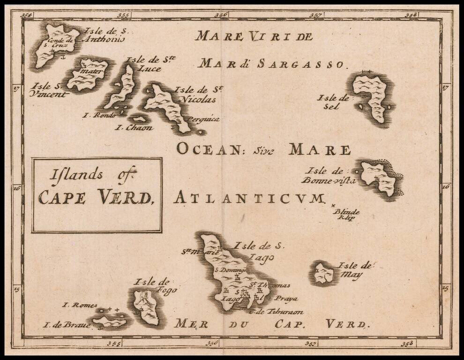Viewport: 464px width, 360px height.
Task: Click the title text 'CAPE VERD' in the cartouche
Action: click(x=96, y=197)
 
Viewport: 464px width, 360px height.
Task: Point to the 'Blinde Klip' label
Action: click(x=346, y=214)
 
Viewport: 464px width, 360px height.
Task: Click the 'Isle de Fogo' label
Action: click(x=151, y=286)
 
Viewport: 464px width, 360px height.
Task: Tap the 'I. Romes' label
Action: click(x=80, y=305)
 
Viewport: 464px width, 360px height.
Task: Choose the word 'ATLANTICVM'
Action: click(x=249, y=198)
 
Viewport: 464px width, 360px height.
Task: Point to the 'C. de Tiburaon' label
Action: click(x=277, y=312)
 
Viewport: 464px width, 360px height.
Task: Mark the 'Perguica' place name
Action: click(x=202, y=119)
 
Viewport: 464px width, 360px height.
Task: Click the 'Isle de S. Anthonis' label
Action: click(x=104, y=35)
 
